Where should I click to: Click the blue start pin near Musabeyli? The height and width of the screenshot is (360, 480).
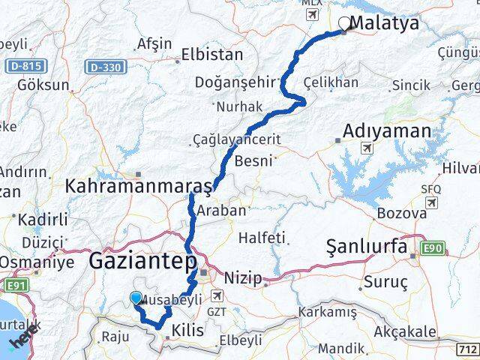(x=136, y=298)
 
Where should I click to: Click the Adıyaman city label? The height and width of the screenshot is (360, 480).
(x=387, y=131)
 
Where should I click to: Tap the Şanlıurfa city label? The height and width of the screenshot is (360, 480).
(x=367, y=246)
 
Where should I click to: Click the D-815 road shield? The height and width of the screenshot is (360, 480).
(x=24, y=67)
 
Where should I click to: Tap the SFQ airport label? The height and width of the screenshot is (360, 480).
(x=431, y=190)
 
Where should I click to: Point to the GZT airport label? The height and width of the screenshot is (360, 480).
(x=216, y=310)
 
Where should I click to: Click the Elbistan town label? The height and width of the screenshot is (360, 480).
(x=213, y=55)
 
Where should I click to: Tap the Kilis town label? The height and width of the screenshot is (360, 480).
(x=187, y=331)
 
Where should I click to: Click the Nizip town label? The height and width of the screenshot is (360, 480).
(x=244, y=279)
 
